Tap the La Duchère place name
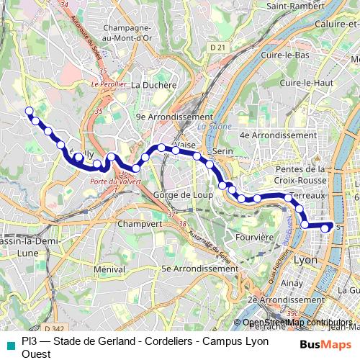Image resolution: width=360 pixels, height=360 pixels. (154, 84)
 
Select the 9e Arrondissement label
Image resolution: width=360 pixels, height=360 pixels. (174, 117)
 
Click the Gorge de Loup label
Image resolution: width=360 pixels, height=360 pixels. (181, 194)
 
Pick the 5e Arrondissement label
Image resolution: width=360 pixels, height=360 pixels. (194, 269)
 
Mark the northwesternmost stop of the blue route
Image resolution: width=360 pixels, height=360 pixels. (30, 111)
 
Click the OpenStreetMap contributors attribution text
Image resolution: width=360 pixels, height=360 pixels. (297, 323)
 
